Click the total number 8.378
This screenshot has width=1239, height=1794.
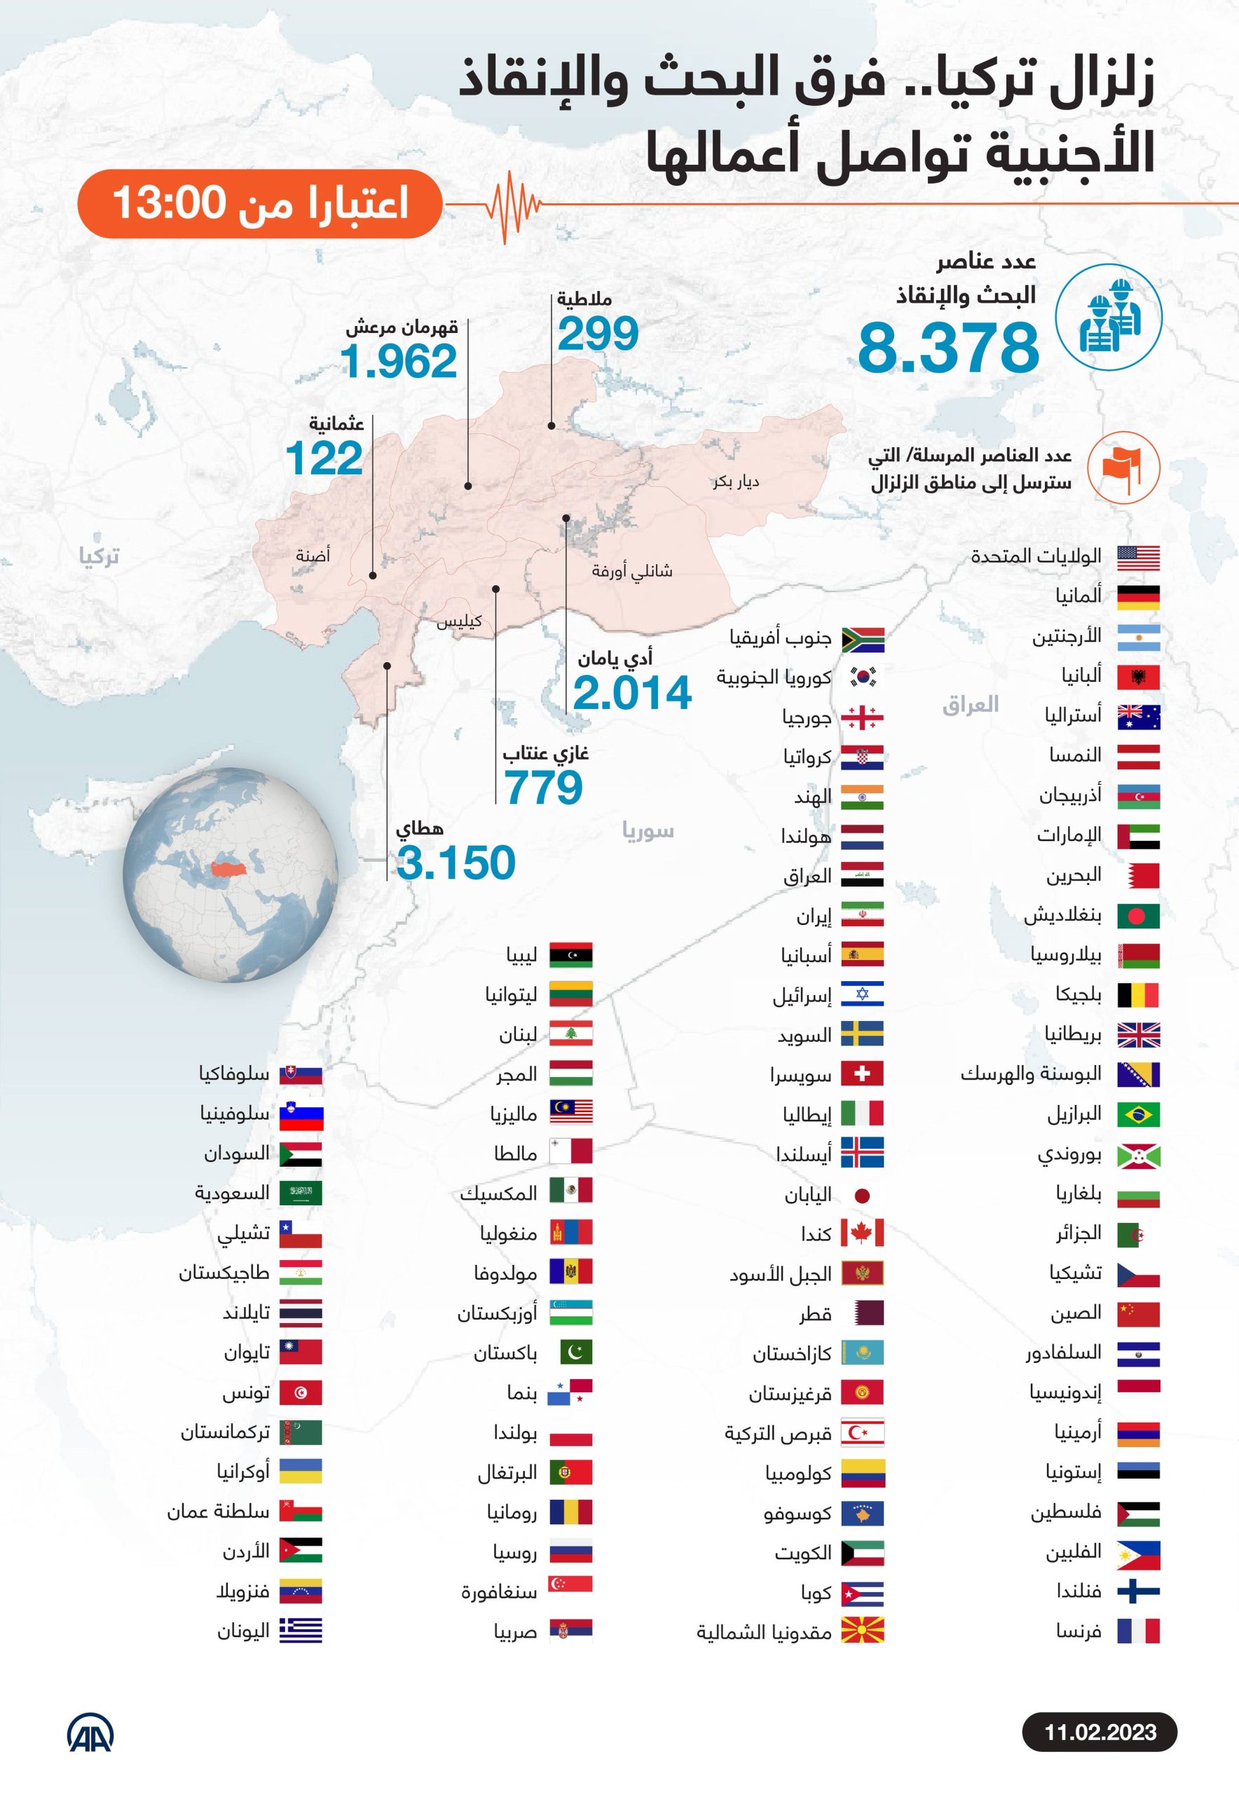pyautogui.click(x=948, y=348)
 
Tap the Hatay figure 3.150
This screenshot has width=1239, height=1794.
pyautogui.click(x=456, y=863)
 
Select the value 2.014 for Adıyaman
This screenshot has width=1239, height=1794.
pyautogui.click(x=632, y=692)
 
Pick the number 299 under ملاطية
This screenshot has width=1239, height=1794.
pyautogui.click(x=598, y=334)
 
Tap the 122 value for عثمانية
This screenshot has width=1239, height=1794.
pyautogui.click(x=324, y=458)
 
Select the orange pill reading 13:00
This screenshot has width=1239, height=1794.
pyautogui.click(x=259, y=203)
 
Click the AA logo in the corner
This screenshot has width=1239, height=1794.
pyautogui.click(x=90, y=1732)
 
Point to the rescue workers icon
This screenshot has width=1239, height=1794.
pyautogui.click(x=1108, y=317)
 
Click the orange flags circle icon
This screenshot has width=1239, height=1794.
pyautogui.click(x=1123, y=468)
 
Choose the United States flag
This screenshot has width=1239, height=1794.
pyautogui.click(x=1138, y=557)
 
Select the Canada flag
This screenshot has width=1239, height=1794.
pyautogui.click(x=862, y=1233)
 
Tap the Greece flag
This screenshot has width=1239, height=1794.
pyautogui.click(x=301, y=1631)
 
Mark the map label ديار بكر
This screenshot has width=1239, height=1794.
pyautogui.click(x=735, y=481)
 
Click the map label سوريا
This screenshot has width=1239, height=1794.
pyautogui.click(x=648, y=831)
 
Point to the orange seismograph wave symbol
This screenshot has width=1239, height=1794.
pyautogui.click(x=511, y=204)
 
